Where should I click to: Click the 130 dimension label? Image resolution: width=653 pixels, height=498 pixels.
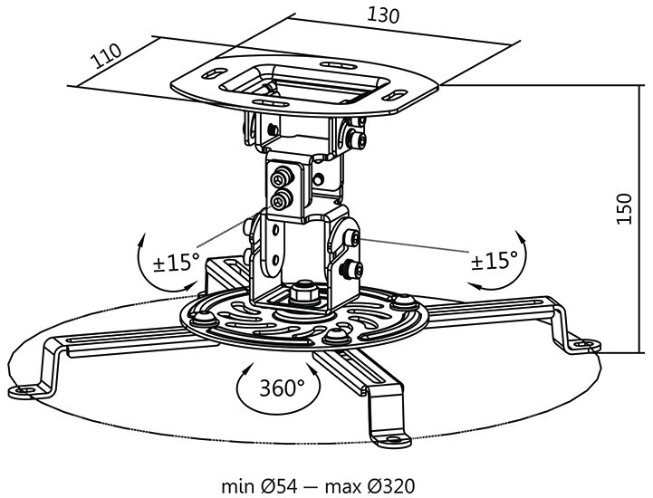coord(383,15)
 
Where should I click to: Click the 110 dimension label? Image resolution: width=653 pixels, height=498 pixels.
coord(107,55)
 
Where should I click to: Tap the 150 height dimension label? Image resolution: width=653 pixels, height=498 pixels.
coord(624,208)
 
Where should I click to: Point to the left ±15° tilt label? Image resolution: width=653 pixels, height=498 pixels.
coord(177,263)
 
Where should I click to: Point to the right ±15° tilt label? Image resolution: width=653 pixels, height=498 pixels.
coord(494,260)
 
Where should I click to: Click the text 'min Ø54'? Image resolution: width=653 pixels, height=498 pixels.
coord(259,486)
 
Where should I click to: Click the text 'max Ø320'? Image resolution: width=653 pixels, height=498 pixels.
coord(370,486)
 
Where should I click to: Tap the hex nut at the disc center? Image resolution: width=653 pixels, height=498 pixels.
coord(304,292)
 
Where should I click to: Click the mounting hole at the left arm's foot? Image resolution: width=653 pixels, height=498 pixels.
coord(26,390)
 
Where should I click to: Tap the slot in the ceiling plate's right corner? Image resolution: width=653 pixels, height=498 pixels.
coord(395,95)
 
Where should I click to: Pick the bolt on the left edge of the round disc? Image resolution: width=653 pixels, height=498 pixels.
coord(202,319)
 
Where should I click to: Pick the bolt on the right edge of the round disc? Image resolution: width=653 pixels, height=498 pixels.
coord(405,301)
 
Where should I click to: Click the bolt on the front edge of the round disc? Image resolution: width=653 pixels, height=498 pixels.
coord(336,335)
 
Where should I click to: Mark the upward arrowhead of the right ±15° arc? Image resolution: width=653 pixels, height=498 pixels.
coord(520,235)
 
